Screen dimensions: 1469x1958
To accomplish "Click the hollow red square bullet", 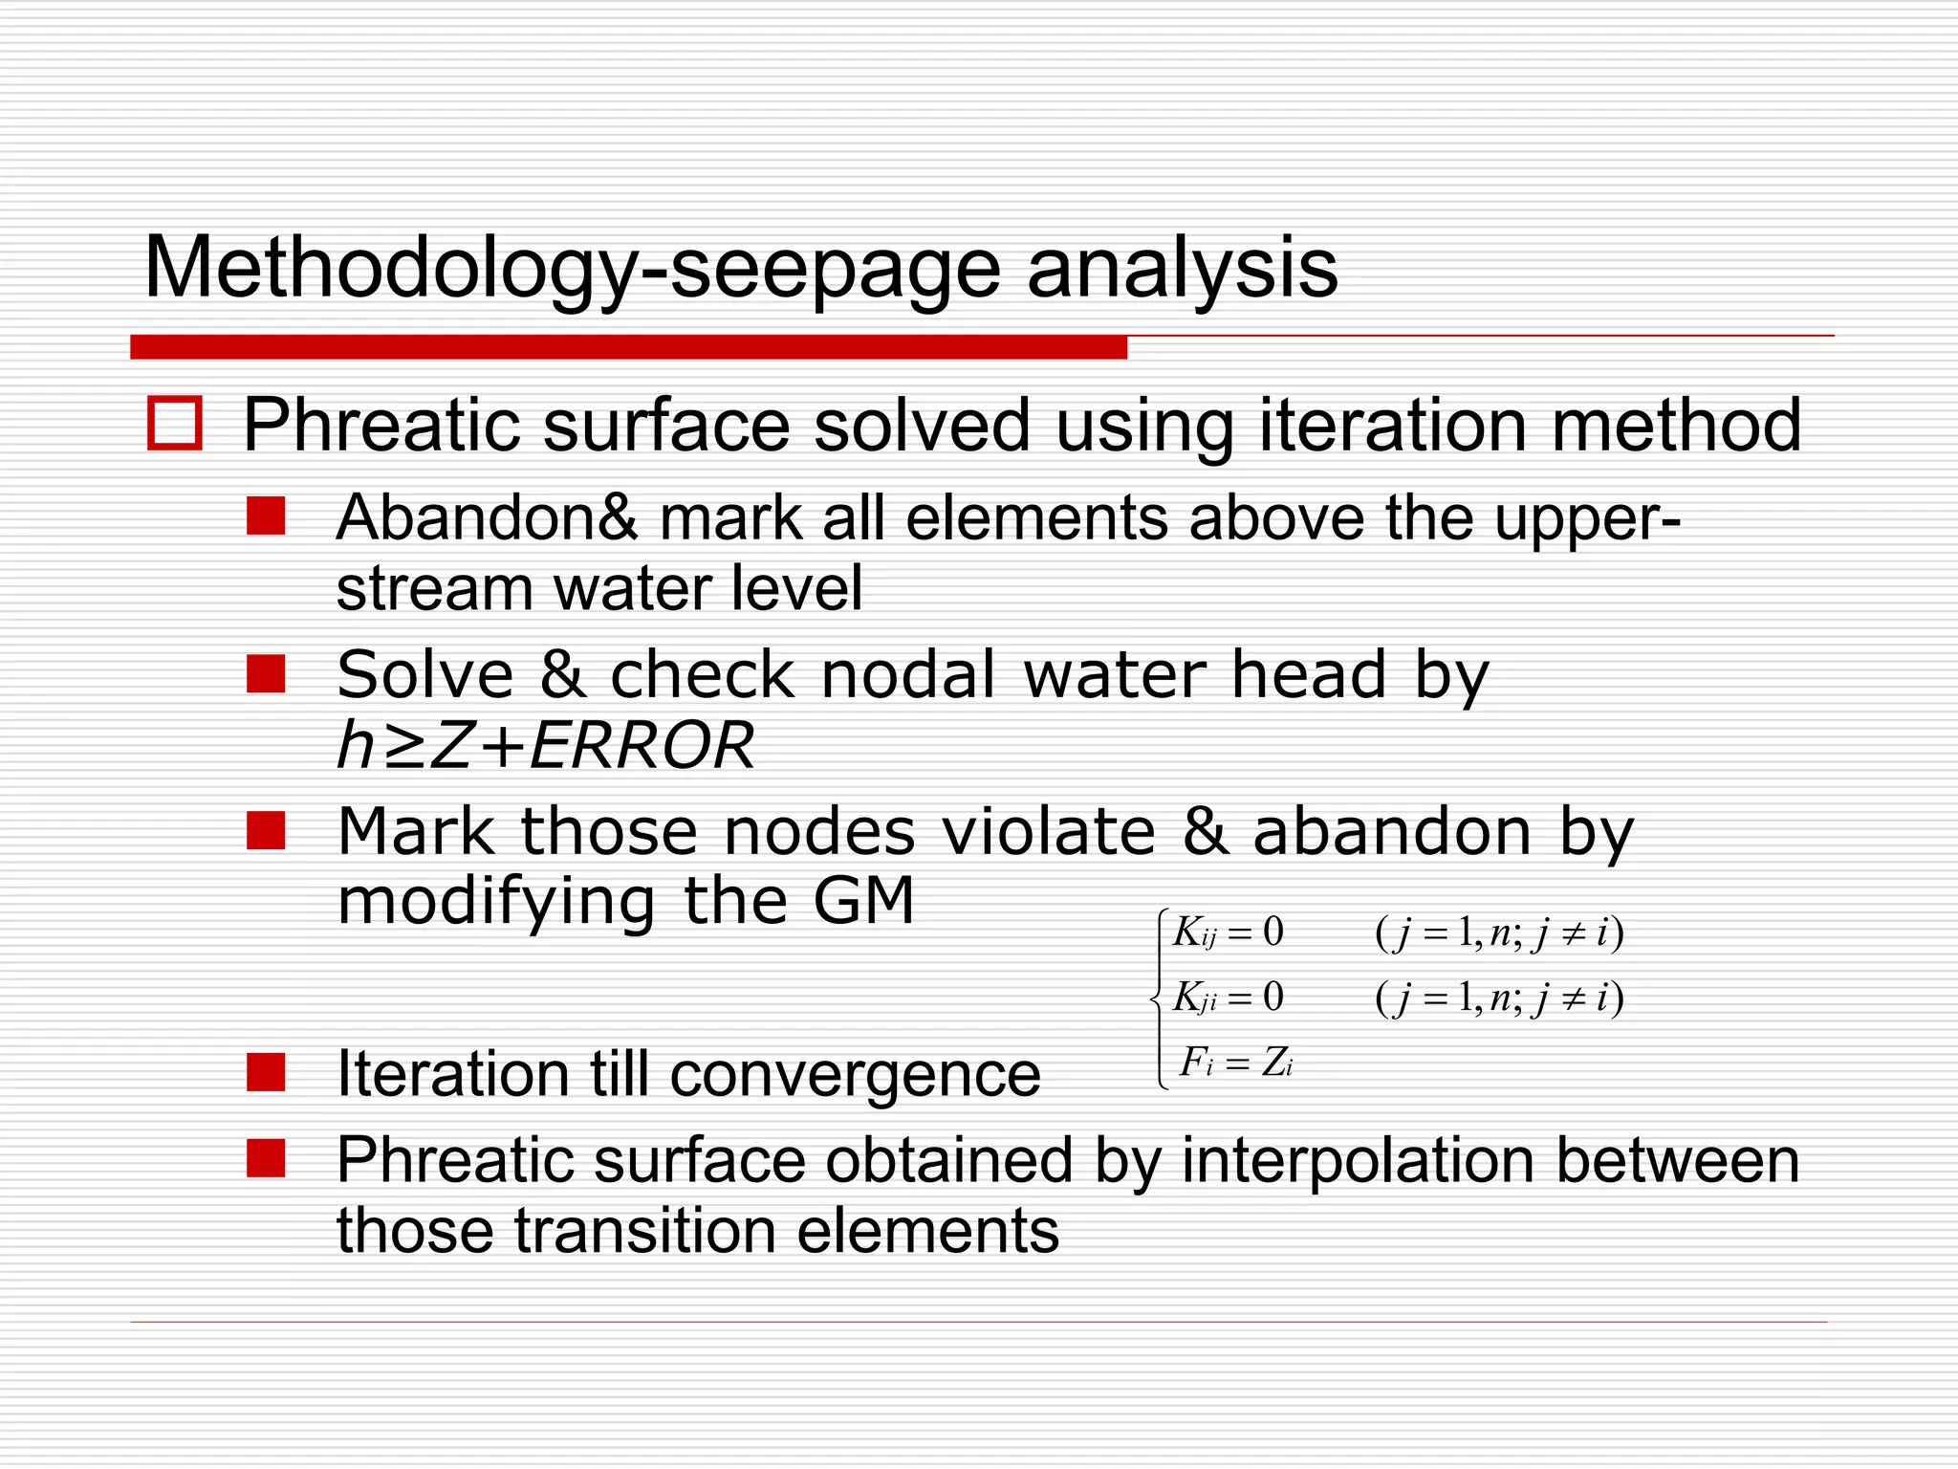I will pos(175,423).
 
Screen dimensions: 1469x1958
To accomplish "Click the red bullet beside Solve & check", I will pos(266,673).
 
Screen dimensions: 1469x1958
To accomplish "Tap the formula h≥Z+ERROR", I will pos(546,745).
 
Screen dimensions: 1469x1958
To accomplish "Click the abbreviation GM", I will pos(864,901).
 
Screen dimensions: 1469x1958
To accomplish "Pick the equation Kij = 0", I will pos(1229,932).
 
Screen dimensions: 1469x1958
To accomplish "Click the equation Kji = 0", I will pos(1229,998).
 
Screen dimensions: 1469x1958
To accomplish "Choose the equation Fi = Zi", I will pos(1236,1063).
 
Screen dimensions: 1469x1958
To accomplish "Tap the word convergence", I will pos(855,1074).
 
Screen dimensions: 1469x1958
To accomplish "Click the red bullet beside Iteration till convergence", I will pos(266,1072).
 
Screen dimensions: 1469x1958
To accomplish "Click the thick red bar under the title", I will pos(628,347).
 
